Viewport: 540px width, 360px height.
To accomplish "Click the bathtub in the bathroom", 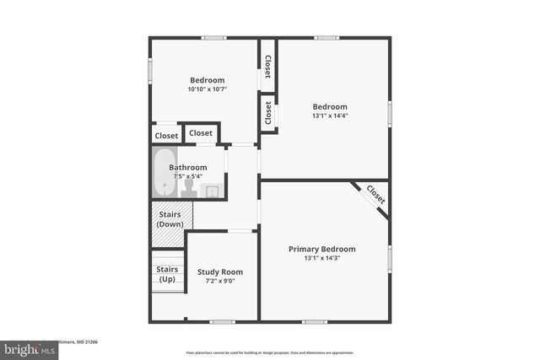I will (164, 173).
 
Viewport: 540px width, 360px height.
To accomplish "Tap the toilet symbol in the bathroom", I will (188, 188).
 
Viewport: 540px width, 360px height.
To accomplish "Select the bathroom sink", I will (212, 191).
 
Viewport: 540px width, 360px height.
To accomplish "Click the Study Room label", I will (220, 271).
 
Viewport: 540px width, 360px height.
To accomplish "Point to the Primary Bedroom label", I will (321, 249).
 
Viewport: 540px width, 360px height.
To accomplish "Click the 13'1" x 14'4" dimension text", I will (330, 117).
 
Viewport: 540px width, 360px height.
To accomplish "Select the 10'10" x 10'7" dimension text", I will (207, 89).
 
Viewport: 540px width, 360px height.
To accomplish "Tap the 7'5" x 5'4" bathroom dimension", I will (187, 176).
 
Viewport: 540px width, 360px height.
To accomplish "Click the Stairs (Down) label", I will (170, 219).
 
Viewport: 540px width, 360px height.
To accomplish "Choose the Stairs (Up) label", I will (167, 274).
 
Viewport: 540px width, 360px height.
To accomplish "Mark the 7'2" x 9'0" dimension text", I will (220, 281).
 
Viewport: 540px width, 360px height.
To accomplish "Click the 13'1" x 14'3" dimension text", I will (321, 258).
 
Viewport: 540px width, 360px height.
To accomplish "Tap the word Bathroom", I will (187, 167).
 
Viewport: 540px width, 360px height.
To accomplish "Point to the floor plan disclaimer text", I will (270, 352).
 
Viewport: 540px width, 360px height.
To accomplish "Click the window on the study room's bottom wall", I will (222, 321).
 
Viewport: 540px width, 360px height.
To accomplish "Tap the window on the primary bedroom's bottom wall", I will (315, 321).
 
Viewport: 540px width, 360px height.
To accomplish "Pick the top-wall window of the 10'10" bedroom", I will (213, 37).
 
